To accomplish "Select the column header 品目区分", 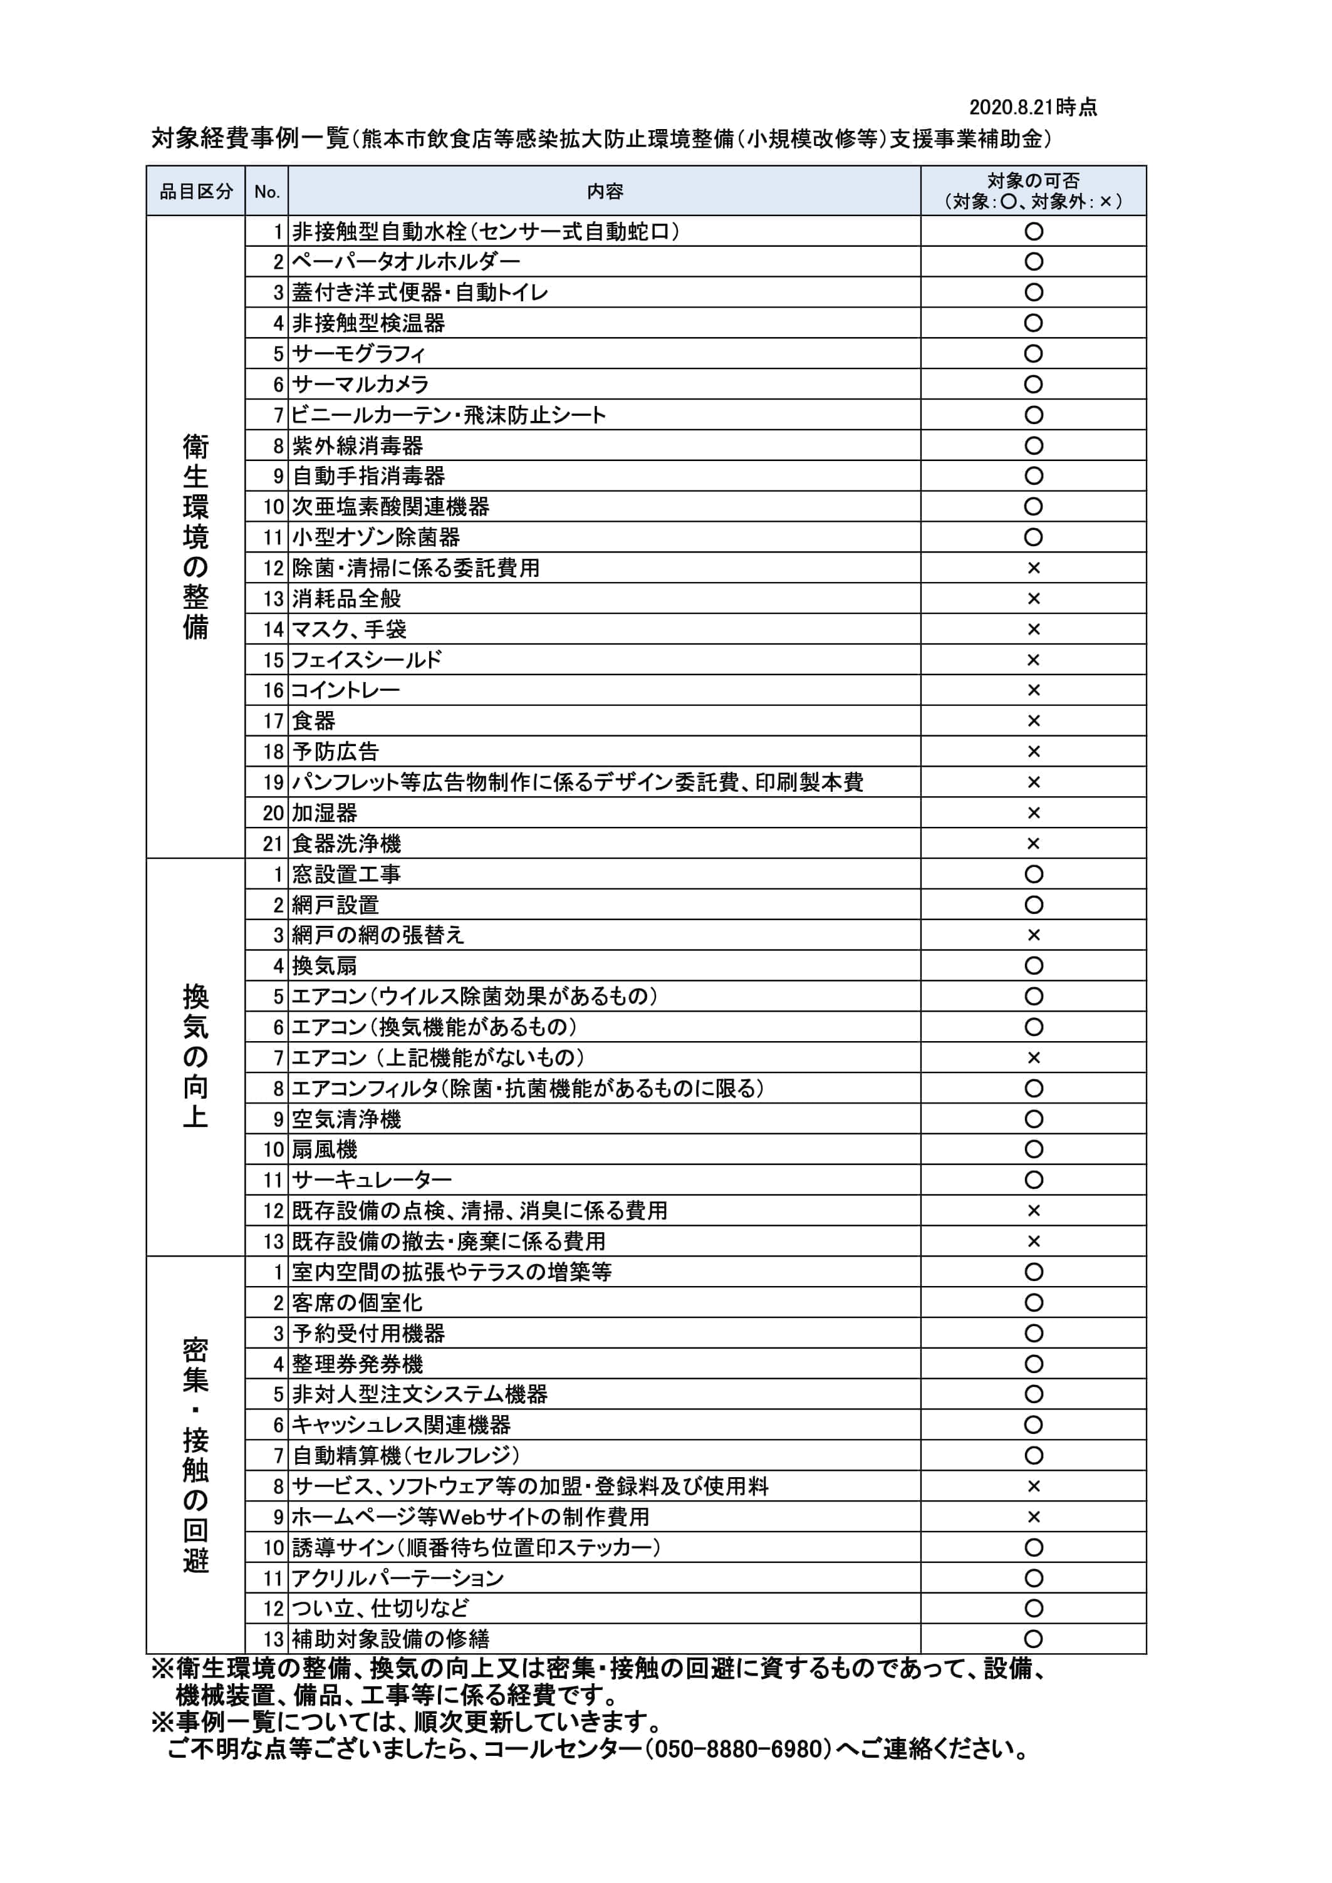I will (x=196, y=192).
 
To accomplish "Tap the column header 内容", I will (x=605, y=192).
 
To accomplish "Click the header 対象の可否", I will (x=1033, y=181).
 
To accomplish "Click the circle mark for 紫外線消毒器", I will (x=1033, y=446).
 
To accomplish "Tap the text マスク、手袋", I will (x=350, y=630).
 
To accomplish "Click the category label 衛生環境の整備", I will (x=196, y=537).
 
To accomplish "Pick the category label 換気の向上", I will (x=196, y=1057).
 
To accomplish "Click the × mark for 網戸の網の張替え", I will (x=1033, y=936).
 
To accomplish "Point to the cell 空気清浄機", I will (x=346, y=1119).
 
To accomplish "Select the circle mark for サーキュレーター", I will (x=1033, y=1180).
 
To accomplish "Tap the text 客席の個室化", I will (x=358, y=1303).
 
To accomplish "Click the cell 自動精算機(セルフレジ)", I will (x=406, y=1456).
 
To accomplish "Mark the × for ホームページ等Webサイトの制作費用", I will (x=1033, y=1517).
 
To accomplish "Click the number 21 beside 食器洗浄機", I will (x=273, y=844).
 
